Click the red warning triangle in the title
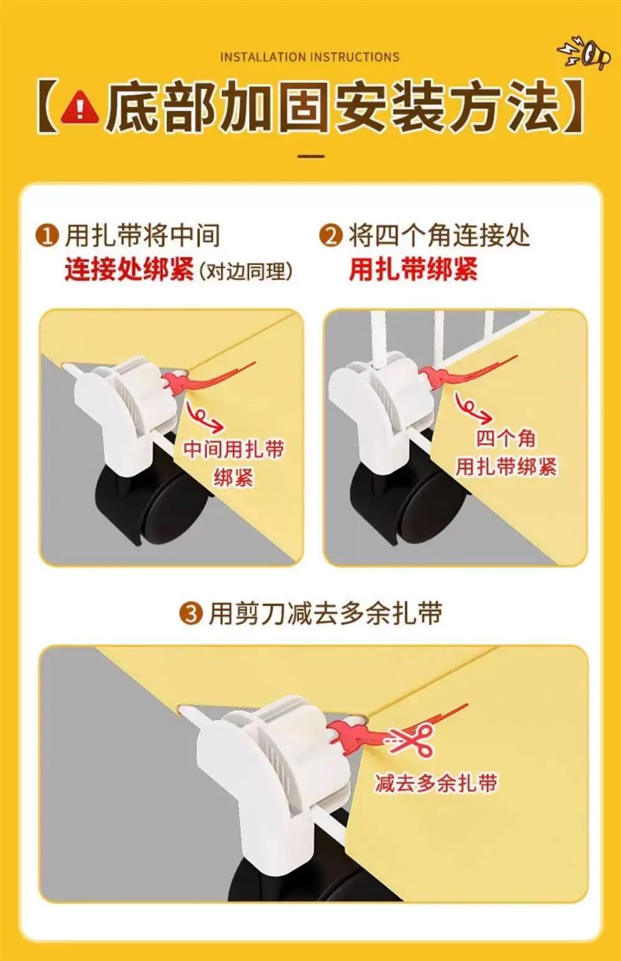click(x=80, y=107)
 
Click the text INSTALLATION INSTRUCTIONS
click(x=309, y=57)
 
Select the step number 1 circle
click(x=47, y=237)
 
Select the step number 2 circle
click(x=331, y=237)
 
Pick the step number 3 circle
click(x=191, y=614)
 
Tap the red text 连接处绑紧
click(x=129, y=270)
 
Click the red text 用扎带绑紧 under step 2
click(x=413, y=269)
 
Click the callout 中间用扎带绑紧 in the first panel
click(x=234, y=463)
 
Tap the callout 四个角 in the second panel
click(x=505, y=438)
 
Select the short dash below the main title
click(x=310, y=156)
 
